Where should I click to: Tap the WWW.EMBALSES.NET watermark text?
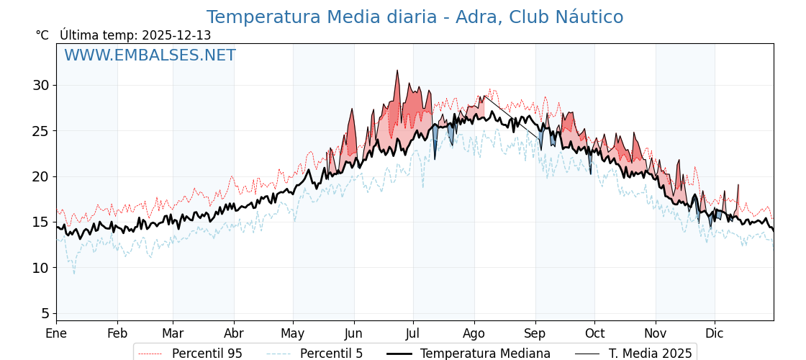[x=150, y=55]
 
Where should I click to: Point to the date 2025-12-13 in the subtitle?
[x=176, y=35]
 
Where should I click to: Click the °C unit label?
[x=42, y=35]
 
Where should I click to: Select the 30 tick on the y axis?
[x=40, y=85]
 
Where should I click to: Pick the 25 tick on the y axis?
[x=40, y=131]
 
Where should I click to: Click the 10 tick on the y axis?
[x=40, y=268]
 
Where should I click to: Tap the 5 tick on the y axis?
[x=45, y=313]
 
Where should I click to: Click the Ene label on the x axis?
[x=56, y=333]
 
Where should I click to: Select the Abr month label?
[x=234, y=333]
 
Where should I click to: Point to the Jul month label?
[x=413, y=333]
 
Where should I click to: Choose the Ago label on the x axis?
[x=474, y=333]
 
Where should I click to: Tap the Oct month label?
[x=594, y=333]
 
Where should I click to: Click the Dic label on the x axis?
[x=715, y=333]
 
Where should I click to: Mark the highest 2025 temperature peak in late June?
[x=397, y=71]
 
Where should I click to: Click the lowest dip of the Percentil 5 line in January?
[x=73, y=273]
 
